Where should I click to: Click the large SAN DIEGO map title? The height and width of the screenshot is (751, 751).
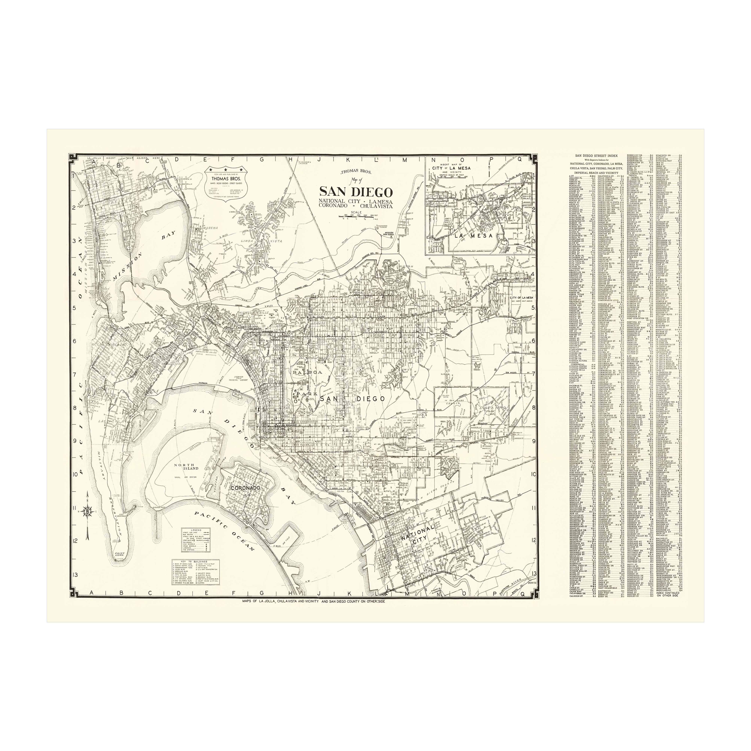coord(356,192)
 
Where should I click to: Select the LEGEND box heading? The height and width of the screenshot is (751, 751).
coord(195,530)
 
